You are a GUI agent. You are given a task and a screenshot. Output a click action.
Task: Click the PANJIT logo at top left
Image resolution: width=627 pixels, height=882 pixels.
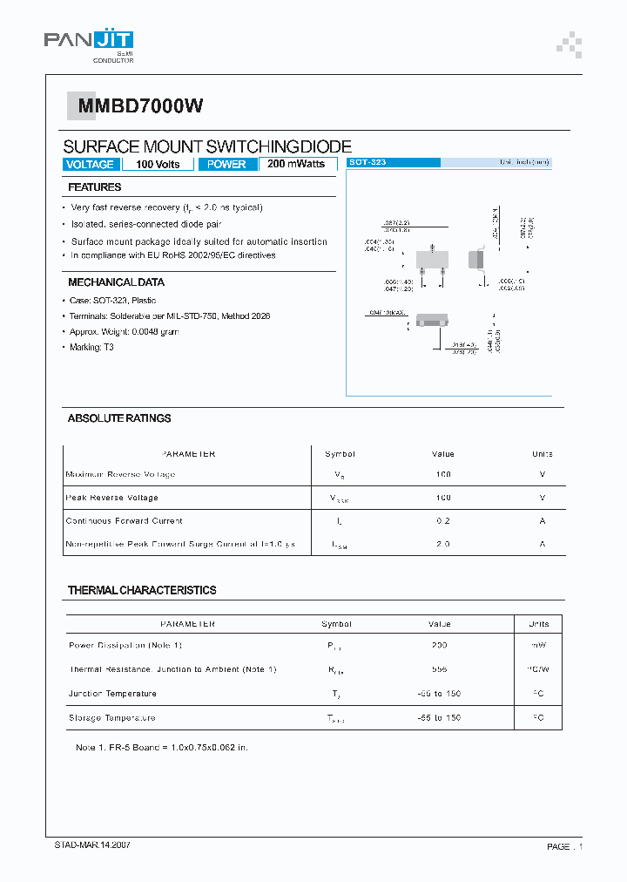pos(89,43)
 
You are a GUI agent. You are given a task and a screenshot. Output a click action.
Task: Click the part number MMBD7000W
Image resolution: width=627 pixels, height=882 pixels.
pos(141,106)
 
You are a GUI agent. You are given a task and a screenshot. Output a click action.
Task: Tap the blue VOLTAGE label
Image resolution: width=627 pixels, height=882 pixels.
pos(90,165)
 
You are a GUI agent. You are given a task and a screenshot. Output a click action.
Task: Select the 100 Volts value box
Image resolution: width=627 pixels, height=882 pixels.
pos(158,165)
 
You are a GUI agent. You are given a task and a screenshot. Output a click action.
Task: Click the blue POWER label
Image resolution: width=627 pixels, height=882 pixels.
pos(226,165)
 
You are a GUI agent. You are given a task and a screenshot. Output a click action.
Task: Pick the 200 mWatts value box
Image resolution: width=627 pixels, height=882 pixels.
pos(296,164)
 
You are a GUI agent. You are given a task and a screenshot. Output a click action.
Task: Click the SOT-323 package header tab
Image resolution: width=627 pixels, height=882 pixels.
pos(393,163)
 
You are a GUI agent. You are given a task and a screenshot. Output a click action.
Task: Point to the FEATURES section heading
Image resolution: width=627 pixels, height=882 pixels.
pos(95,187)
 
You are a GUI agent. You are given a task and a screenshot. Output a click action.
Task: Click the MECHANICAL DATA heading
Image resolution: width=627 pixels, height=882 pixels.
pos(116,282)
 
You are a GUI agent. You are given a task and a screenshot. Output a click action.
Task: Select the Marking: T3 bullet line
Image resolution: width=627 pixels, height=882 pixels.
pos(92,347)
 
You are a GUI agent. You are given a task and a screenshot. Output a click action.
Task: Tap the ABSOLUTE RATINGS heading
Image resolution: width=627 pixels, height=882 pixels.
pos(119,418)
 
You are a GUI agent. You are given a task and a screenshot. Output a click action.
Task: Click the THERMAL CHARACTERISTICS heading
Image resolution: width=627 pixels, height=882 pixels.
pos(142,590)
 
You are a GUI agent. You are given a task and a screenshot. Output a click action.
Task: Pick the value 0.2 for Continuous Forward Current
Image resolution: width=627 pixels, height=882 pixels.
pos(442,521)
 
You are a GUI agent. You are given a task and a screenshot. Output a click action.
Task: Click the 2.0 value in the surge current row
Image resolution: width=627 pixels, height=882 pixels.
pos(442,544)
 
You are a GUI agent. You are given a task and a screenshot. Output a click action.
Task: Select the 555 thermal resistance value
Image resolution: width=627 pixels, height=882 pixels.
pos(439,669)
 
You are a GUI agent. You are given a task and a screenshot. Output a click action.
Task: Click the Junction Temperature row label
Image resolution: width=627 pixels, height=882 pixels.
pos(112,694)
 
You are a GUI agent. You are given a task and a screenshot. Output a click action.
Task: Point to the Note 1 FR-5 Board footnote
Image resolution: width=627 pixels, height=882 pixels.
pos(162,748)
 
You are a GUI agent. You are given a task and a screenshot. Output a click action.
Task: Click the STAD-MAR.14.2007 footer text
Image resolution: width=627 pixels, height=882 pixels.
pos(93,845)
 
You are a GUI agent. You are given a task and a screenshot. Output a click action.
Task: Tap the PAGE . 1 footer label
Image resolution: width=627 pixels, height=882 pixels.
pos(564,846)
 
